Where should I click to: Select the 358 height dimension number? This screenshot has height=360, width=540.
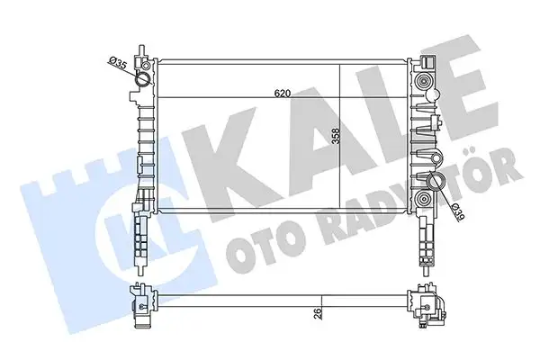pyautogui.click(x=334, y=137)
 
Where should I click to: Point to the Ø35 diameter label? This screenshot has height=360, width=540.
pyautogui.click(x=116, y=63)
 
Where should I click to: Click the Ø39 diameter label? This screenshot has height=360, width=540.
pyautogui.click(x=456, y=211)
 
